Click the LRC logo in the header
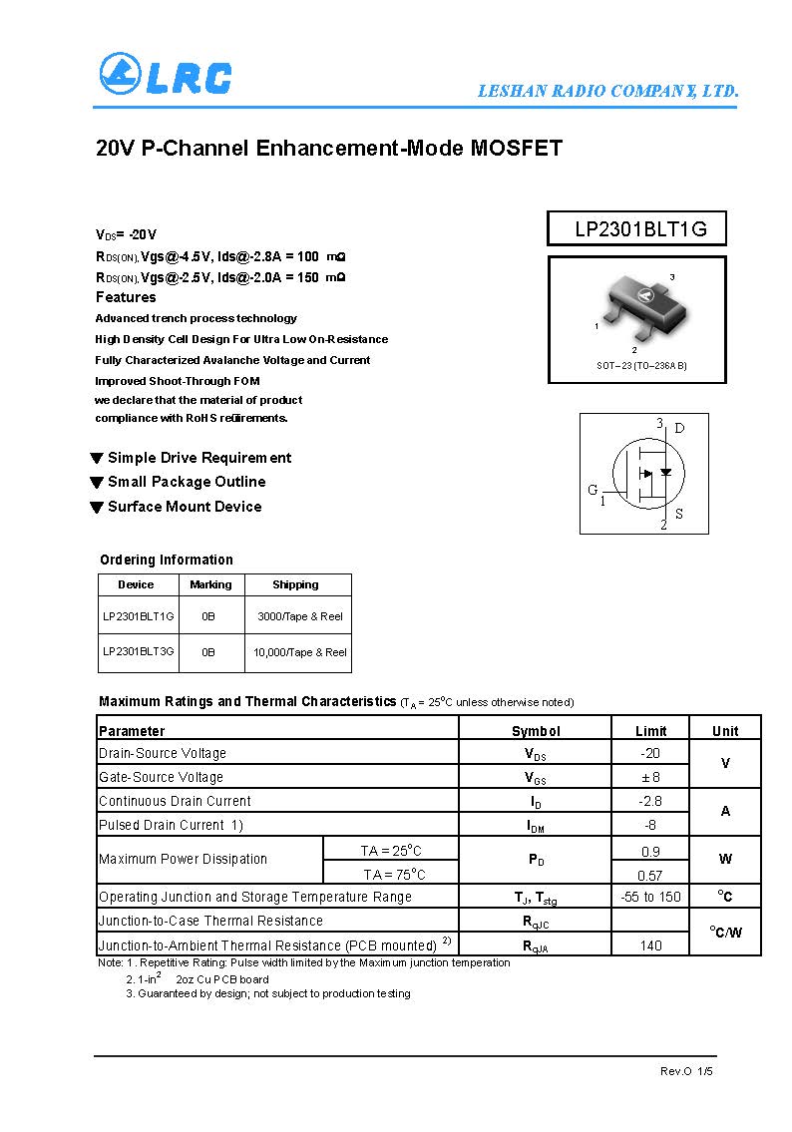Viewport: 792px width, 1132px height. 166,75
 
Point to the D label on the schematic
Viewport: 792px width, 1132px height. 679,429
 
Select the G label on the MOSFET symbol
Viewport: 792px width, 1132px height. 593,490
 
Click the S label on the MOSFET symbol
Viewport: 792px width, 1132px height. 679,515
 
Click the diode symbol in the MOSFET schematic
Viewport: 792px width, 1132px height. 666,472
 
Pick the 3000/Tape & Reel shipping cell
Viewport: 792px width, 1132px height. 299,616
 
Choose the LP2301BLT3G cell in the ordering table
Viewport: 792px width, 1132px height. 138,651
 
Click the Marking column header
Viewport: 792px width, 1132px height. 210,584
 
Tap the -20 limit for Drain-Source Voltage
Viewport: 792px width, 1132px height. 649,753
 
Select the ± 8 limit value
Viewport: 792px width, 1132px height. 649,777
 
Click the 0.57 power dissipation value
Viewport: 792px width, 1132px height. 649,875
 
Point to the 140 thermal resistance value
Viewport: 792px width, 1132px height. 650,944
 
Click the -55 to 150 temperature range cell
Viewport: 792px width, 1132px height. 650,897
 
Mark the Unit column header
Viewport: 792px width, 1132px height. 725,731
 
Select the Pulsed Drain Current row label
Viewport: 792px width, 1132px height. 171,825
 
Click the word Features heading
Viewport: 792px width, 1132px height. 126,297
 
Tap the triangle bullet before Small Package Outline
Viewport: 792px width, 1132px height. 97,483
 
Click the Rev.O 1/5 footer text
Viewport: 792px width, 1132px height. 686,1071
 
